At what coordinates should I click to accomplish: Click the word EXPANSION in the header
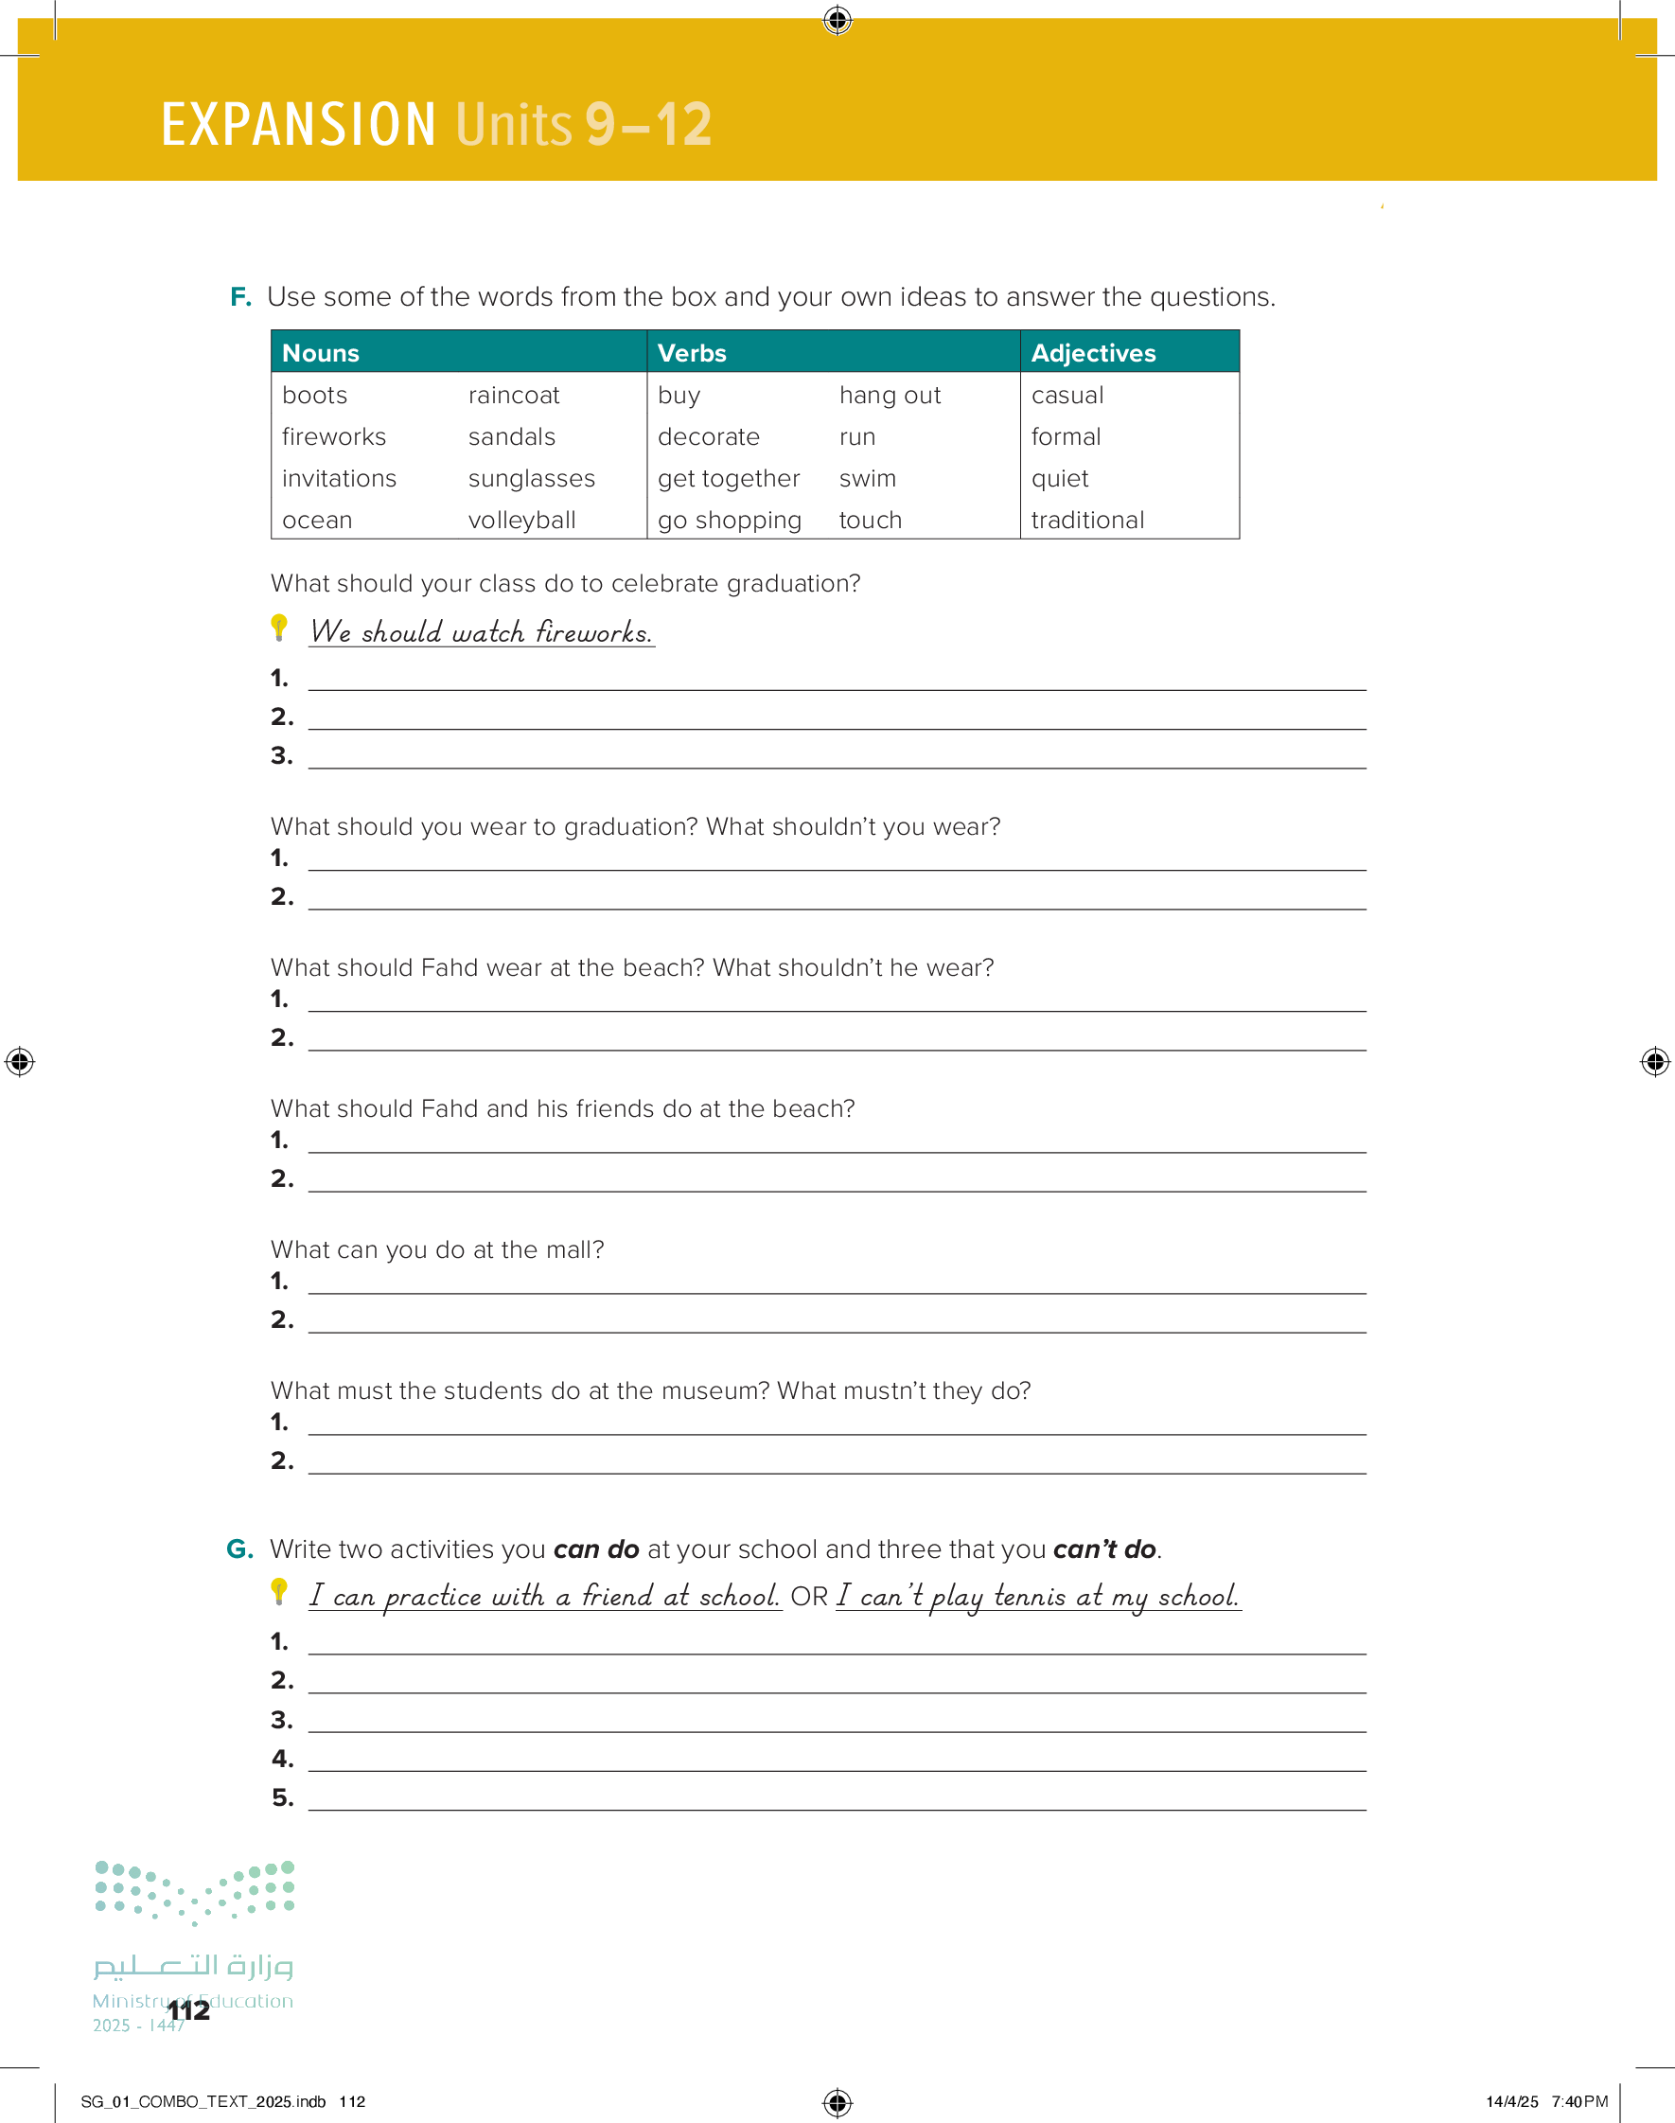pyautogui.click(x=298, y=125)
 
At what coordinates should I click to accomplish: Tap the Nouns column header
pyautogui.click(x=321, y=353)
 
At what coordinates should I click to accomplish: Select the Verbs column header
pyautogui.click(x=692, y=353)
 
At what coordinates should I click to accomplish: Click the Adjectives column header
pyautogui.click(x=1092, y=353)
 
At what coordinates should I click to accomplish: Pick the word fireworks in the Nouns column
pyautogui.click(x=333, y=436)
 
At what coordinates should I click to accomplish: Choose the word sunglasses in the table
pyautogui.click(x=531, y=479)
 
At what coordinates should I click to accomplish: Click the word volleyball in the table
pyautogui.click(x=521, y=520)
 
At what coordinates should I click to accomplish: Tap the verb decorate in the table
pyautogui.click(x=708, y=436)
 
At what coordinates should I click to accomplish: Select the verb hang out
pyautogui.click(x=890, y=396)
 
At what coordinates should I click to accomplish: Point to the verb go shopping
pyautogui.click(x=729, y=520)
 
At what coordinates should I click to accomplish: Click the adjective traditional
pyautogui.click(x=1086, y=520)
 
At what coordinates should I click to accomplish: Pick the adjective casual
pyautogui.click(x=1067, y=396)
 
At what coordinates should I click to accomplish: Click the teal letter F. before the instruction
pyautogui.click(x=240, y=296)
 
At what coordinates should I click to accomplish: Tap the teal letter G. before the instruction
pyautogui.click(x=239, y=1548)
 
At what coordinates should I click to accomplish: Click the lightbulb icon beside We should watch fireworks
pyautogui.click(x=279, y=628)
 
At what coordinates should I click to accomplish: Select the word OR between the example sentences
pyautogui.click(x=809, y=1597)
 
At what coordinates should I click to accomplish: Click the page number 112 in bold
pyautogui.click(x=188, y=2010)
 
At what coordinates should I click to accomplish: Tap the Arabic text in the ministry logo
pyautogui.click(x=193, y=1965)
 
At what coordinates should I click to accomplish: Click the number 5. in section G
pyautogui.click(x=282, y=1797)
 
